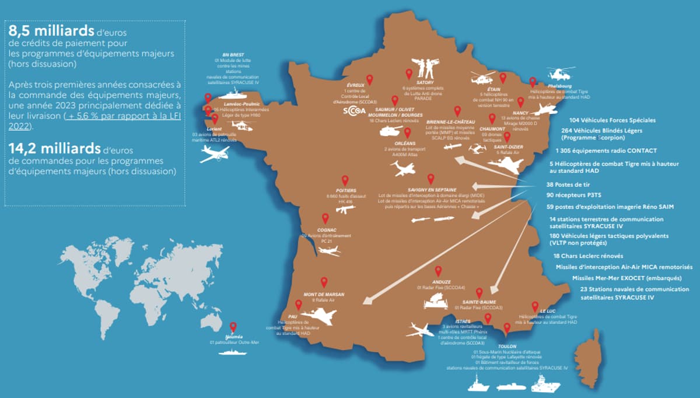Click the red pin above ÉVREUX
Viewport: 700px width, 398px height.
[369, 80]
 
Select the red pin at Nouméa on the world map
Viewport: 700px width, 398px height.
[233, 327]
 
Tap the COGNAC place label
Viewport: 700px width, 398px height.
[325, 231]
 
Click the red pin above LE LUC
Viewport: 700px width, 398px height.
[534, 306]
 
